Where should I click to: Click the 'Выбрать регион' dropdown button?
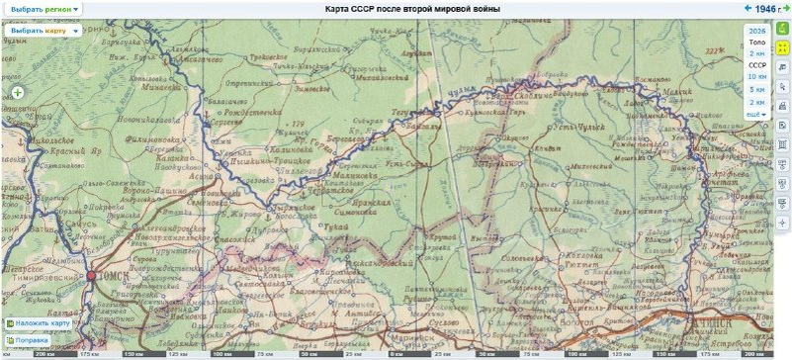click(43, 8)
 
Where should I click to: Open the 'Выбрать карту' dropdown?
click(39, 31)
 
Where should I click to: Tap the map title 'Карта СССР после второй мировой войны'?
click(412, 8)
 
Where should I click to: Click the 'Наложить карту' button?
click(39, 323)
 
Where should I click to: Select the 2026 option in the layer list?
click(756, 31)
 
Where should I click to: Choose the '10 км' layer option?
click(756, 76)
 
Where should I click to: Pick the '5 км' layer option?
click(757, 89)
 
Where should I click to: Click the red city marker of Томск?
click(91, 277)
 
